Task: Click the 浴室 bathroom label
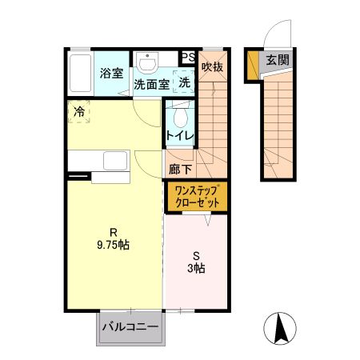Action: pos(111,74)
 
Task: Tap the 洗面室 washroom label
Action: pos(151,83)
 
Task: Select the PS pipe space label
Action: pos(188,57)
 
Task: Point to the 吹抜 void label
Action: pos(212,67)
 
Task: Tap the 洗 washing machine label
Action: pos(184,82)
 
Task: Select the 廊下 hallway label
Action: pos(180,169)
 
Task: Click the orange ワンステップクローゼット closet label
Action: pos(197,196)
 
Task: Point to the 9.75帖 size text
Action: pos(112,246)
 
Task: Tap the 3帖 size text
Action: pos(197,269)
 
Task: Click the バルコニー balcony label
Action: pos(130,328)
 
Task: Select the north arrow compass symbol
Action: pos(281,328)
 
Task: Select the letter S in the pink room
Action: pos(196,258)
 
